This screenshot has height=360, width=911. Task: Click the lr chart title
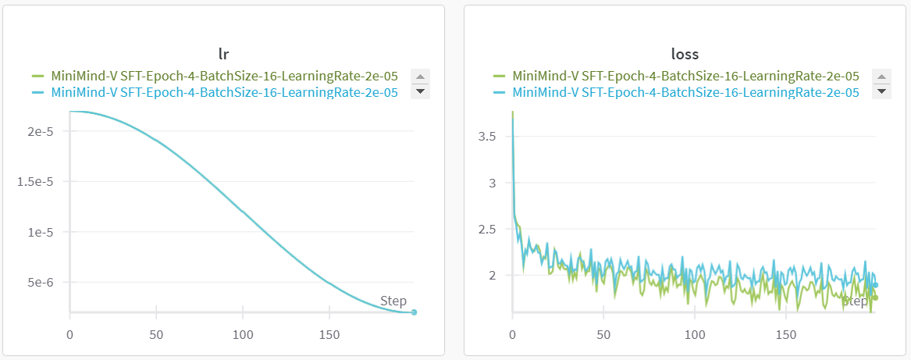click(224, 55)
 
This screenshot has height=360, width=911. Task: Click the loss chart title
click(685, 55)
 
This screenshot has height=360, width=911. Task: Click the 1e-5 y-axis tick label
click(40, 232)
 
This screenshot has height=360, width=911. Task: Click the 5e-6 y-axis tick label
click(40, 283)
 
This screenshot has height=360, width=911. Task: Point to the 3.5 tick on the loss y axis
click(486, 137)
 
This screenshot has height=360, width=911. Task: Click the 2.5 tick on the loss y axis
click(486, 229)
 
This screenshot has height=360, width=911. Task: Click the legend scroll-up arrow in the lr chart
click(420, 77)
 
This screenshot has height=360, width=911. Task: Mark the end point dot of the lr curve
click(414, 312)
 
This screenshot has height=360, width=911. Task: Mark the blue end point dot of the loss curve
click(875, 285)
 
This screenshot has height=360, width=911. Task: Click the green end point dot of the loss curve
click(875, 298)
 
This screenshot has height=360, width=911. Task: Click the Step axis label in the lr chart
click(393, 301)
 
